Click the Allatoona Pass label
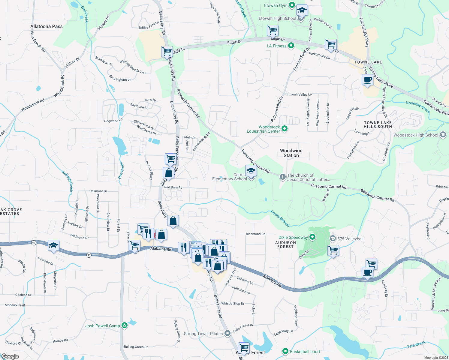coord(47,26)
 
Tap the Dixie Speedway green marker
coord(312,237)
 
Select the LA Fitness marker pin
coord(291,46)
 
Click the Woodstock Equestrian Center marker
coord(285,129)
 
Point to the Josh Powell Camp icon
coord(125,325)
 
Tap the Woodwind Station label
coord(291,153)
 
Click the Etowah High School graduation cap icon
coord(302,11)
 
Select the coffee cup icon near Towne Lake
coord(367,80)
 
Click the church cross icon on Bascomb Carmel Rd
coord(282,177)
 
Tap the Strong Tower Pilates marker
coord(228,333)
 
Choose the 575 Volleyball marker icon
coord(333,238)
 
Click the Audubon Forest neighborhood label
coord(285,244)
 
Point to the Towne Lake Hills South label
coord(378,124)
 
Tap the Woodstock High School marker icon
coord(443,135)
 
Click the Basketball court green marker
coord(285,351)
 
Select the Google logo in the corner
coord(10,356)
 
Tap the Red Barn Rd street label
coord(173,187)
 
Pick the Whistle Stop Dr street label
coord(233,303)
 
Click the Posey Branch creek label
coord(280,218)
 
